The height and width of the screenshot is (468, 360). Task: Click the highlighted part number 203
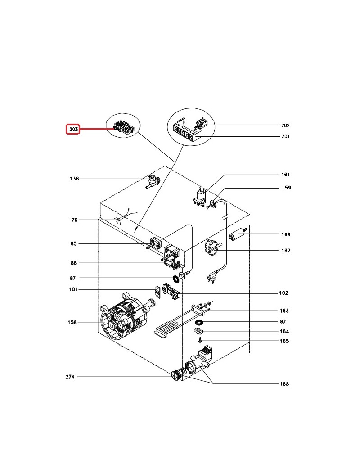click(x=73, y=130)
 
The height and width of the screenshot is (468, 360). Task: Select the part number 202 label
click(x=285, y=126)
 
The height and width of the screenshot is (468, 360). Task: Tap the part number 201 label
click(x=285, y=137)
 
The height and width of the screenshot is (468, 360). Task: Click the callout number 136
click(x=74, y=179)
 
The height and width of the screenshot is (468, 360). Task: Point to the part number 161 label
click(x=285, y=175)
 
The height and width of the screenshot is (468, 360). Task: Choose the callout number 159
click(x=286, y=188)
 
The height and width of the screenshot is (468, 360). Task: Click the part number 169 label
click(x=285, y=234)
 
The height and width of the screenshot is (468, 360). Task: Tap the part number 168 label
click(x=284, y=384)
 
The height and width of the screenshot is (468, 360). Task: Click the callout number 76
click(x=74, y=220)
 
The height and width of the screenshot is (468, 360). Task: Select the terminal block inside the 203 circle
click(x=122, y=127)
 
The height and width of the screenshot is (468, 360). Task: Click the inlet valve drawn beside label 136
click(x=153, y=181)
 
